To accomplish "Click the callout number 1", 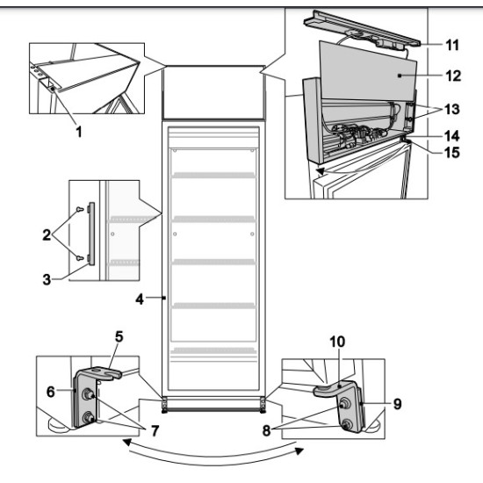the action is point(79,132).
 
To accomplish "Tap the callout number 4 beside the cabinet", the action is point(140,299).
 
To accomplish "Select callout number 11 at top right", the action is point(452,45).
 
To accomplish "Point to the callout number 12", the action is point(453,76).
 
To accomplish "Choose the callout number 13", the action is point(452,109).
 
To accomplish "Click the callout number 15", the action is point(452,152).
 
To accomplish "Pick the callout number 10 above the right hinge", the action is point(337,342).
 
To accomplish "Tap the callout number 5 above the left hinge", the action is point(119,336).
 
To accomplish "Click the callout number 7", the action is point(155,430).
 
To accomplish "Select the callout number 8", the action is point(266,430).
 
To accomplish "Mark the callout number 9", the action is point(398,404).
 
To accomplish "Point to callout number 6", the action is point(51,392).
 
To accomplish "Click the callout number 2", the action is point(47,235).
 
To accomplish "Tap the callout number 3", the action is point(47,279).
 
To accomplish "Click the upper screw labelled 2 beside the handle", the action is point(79,209).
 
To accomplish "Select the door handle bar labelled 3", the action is point(91,234).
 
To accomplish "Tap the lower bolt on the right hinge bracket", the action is point(348,424).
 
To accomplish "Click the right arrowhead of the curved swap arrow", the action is point(299,451).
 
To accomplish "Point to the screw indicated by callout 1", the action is point(53,89).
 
